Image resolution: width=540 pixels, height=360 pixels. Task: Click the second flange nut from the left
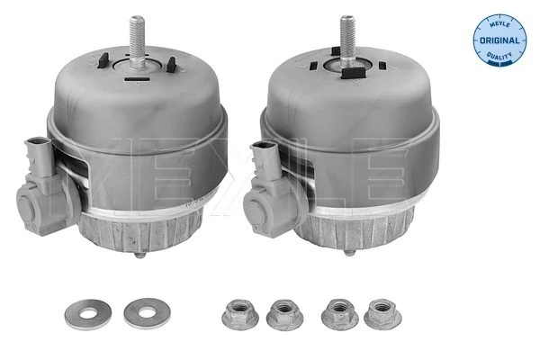(284, 314)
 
